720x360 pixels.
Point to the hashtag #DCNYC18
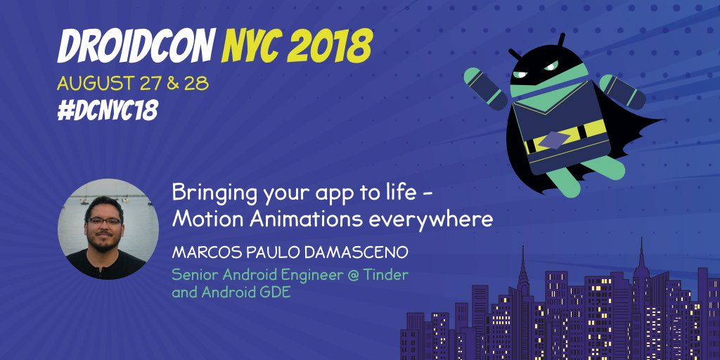tap(108, 110)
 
